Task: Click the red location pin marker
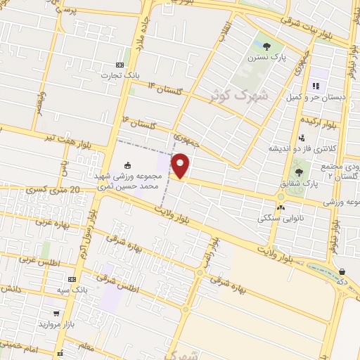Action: [181, 165]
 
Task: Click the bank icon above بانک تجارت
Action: [120, 65]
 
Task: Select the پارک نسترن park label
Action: [263, 58]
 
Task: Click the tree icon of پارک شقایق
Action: [299, 171]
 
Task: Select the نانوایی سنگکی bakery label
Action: [282, 217]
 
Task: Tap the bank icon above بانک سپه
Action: [72, 279]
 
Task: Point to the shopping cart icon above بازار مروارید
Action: [56, 314]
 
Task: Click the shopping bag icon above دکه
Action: [342, 271]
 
